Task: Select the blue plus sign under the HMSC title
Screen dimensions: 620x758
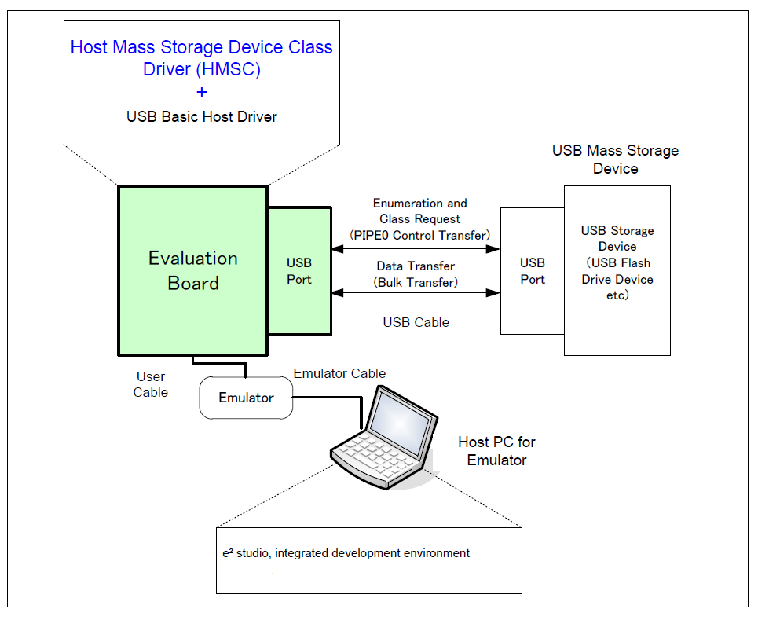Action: pos(202,92)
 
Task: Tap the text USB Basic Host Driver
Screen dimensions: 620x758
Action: pos(202,117)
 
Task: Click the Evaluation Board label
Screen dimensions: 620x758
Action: pos(193,270)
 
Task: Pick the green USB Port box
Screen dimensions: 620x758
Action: pos(299,271)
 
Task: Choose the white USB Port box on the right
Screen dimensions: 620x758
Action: pos(532,271)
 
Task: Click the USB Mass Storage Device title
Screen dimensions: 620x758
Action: pos(616,160)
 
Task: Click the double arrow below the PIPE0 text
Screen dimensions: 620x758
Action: pos(416,249)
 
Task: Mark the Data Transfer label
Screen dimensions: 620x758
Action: pos(416,266)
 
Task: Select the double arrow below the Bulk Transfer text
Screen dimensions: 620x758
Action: pos(416,293)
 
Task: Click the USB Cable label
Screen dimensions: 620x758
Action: pos(416,322)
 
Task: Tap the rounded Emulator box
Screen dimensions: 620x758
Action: pos(246,398)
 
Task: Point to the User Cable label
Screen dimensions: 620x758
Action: pos(150,384)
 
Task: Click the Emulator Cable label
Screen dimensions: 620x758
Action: pos(339,373)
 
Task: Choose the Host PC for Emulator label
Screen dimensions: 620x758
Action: pos(496,451)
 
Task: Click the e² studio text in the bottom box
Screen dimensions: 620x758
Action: pos(346,553)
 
